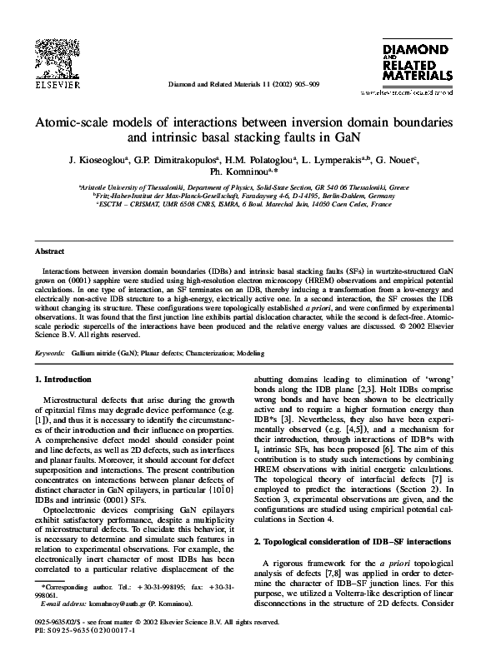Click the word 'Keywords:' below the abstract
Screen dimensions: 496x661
click(49, 353)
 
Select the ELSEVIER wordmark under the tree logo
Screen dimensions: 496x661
click(56, 85)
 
